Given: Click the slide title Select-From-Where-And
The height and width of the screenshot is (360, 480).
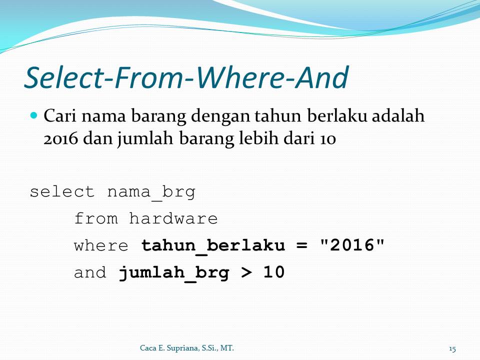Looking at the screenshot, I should click(x=186, y=77).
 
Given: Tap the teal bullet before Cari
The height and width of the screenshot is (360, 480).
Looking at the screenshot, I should click(x=34, y=115).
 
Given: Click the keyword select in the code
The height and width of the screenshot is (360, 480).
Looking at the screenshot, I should click(x=62, y=192).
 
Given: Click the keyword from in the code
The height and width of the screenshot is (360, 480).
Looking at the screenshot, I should click(x=96, y=219).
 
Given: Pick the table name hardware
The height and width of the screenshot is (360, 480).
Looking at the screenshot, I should click(x=173, y=219).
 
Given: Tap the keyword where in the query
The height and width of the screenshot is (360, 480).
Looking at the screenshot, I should click(x=101, y=246).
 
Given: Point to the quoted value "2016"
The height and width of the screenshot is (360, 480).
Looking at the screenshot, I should click(x=352, y=245).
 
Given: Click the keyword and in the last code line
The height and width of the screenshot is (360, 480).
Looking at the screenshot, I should click(x=90, y=273).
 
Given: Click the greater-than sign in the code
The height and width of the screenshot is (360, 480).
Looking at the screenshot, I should click(x=247, y=273).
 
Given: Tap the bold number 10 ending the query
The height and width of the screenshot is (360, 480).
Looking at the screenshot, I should click(x=274, y=273).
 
